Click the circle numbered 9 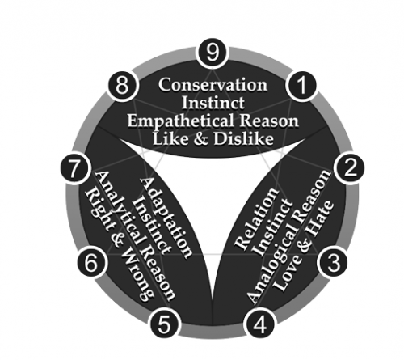coord(213,53)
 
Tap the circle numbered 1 coord(302,85)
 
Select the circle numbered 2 coord(349,168)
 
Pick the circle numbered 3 coord(333,262)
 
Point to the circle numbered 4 coord(260,324)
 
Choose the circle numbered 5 coord(164,324)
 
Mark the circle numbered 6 coord(92,262)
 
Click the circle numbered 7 coord(75,169)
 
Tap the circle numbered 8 coord(122,86)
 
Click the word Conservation coord(213,85)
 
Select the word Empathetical coord(180,121)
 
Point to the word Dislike coord(243,139)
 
